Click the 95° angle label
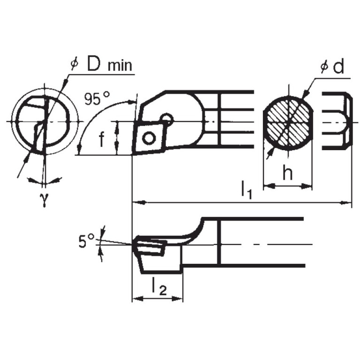pyautogui.click(x=97, y=98)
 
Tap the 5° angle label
pyautogui.click(x=86, y=241)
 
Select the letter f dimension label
pyautogui.click(x=101, y=139)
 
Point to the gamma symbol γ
pyautogui.click(x=45, y=199)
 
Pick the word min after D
pyautogui.click(x=120, y=65)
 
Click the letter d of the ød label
pyautogui.click(x=338, y=67)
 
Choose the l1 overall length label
pyautogui.click(x=246, y=190)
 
